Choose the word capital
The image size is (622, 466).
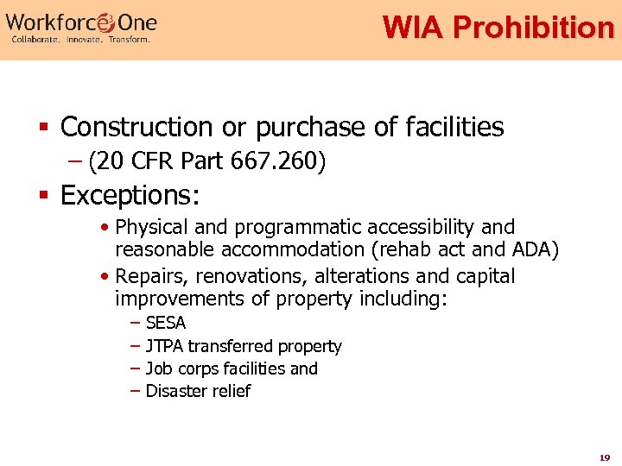coord(484,276)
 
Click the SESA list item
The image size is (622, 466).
coord(165,324)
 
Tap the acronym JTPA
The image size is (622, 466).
coord(164,346)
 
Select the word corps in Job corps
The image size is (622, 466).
coord(194,369)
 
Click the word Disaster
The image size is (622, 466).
coord(175,391)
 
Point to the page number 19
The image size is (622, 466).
coord(604,457)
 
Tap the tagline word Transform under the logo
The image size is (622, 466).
coord(129,40)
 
